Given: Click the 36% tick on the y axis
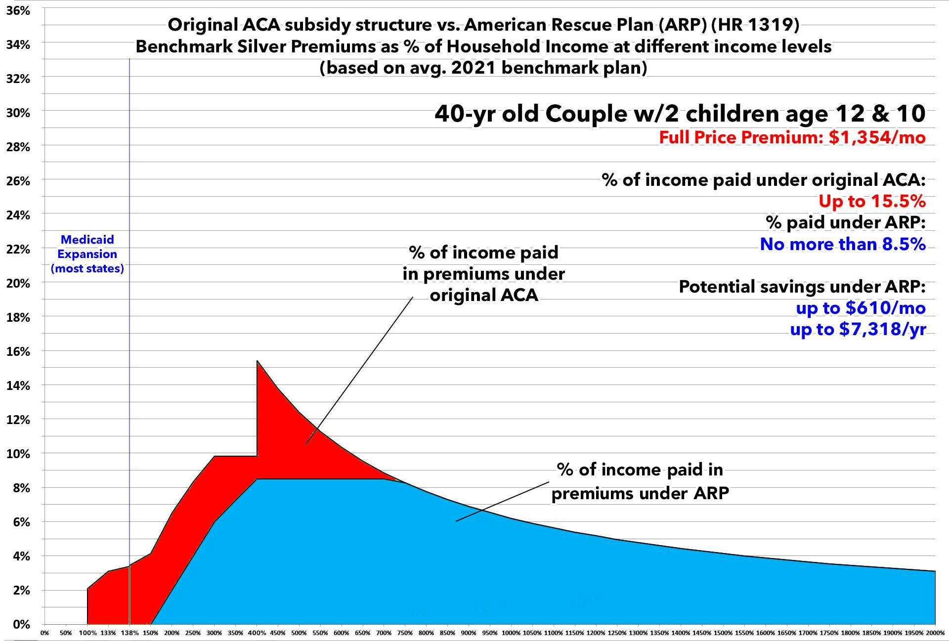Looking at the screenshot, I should coord(18,10).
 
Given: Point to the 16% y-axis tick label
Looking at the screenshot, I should coord(18,351).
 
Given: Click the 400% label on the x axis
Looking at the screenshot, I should coord(257,633).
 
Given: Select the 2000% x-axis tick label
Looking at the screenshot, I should coord(935,633).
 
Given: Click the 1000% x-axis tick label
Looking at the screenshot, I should coord(511,633).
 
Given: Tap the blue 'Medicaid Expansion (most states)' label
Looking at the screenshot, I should coord(87,254).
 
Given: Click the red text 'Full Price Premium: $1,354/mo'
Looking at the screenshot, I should coord(792,137).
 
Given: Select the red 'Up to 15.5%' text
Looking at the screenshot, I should coord(872,201).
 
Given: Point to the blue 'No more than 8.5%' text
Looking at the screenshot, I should coord(842,244).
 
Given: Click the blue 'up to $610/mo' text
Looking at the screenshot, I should coord(860,308).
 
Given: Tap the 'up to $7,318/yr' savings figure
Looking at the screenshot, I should coord(858,329).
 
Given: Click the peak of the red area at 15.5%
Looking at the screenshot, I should coord(258,361).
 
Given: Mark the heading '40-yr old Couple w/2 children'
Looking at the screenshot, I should coord(680,114).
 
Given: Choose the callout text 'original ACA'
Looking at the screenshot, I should coord(483,295).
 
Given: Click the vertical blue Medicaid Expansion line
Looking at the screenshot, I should coord(129,346).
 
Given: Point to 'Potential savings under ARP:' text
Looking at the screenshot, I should coord(802,287).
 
